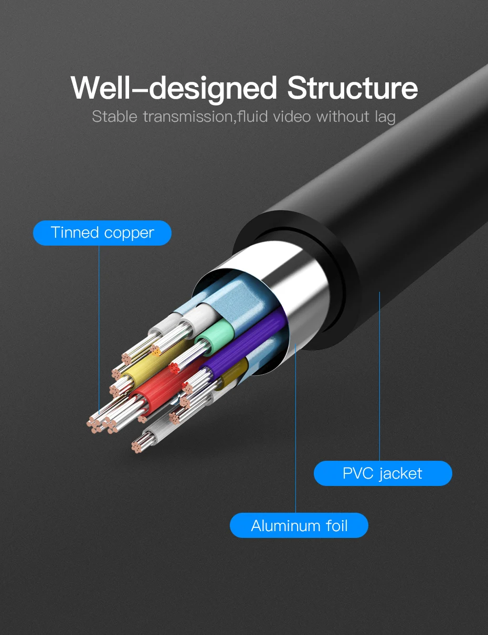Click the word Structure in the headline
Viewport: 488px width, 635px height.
pos(352,88)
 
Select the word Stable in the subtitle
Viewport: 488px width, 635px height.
pos(115,117)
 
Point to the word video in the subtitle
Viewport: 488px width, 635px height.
pos(292,117)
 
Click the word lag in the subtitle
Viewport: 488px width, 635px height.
pos(385,118)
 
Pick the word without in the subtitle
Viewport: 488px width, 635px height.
pos(343,117)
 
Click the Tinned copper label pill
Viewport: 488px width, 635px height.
pos(102,233)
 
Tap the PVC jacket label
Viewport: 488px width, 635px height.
pos(383,473)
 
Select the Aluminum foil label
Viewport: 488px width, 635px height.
pos(299,525)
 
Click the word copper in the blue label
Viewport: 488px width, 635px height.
pos(129,234)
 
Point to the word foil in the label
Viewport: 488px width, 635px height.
pos(337,525)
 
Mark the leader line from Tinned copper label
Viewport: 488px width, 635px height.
pos(99,330)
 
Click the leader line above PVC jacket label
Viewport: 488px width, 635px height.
pos(380,376)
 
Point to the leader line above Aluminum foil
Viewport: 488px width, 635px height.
pos(295,428)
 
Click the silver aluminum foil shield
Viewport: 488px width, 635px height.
pos(301,292)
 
